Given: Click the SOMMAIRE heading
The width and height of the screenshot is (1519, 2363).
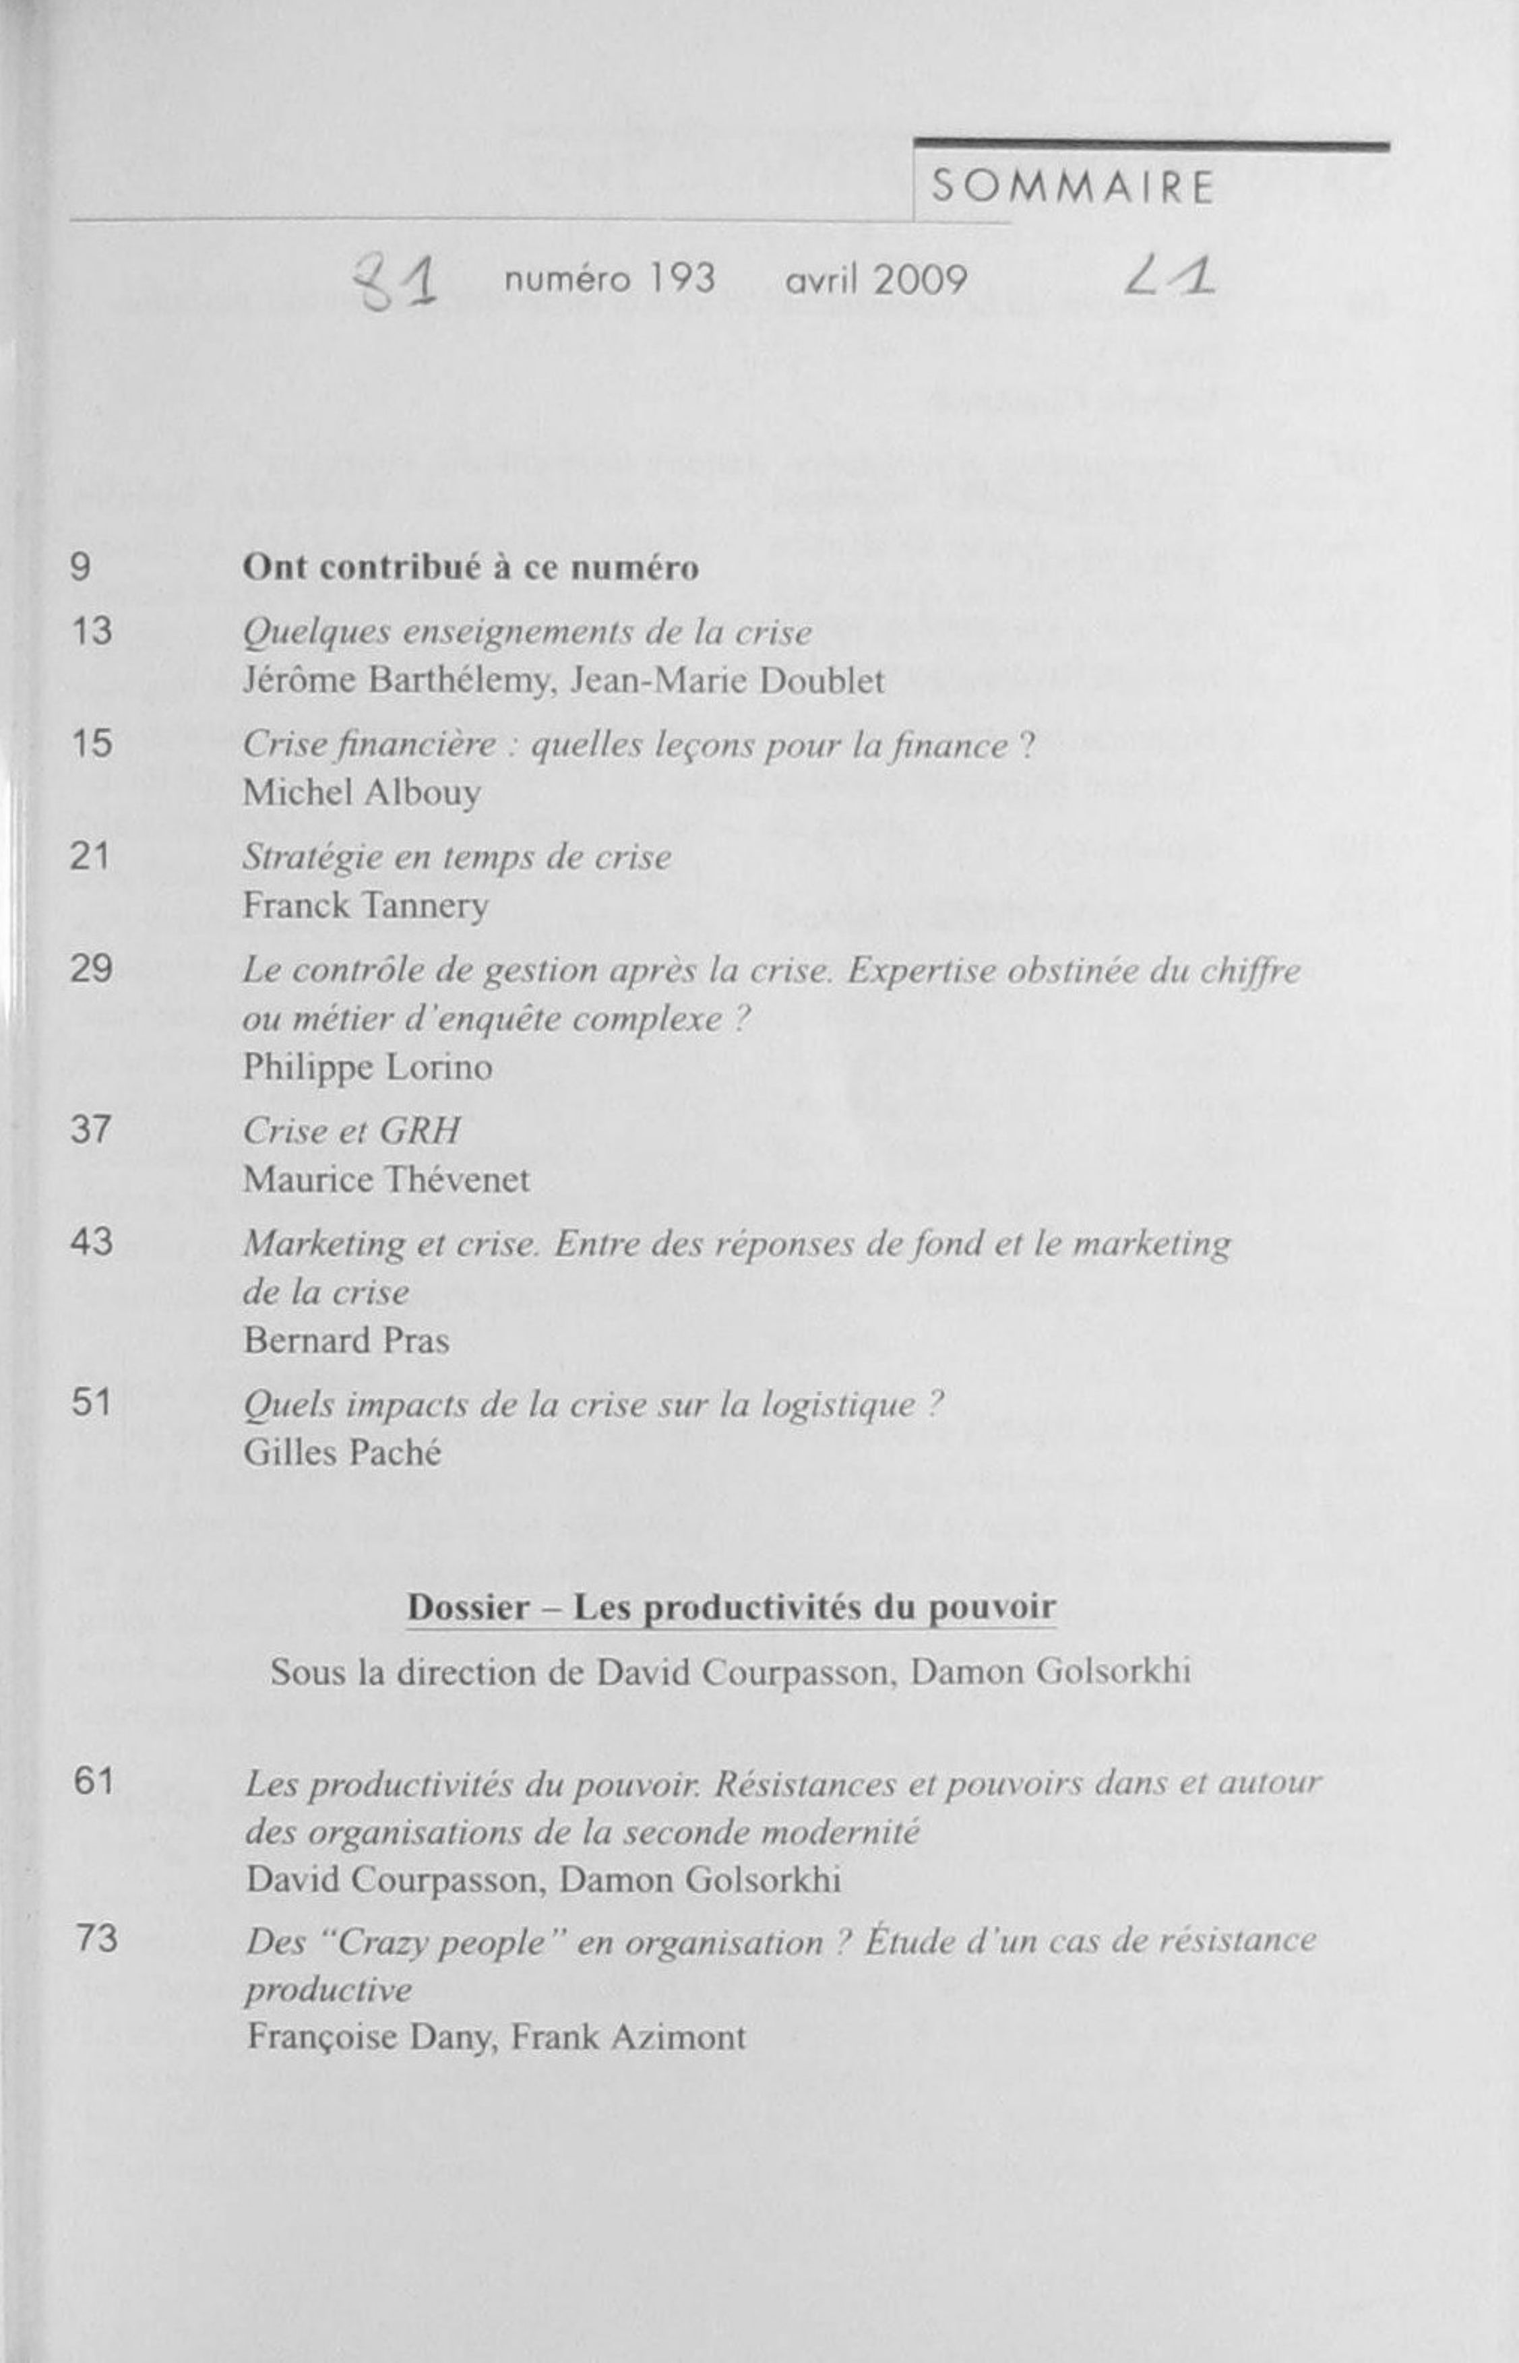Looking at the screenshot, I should click(1072, 187).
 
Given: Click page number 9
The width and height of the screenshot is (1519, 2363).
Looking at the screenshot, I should click(81, 568).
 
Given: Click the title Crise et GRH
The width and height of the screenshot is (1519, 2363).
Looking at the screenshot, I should click(351, 1130).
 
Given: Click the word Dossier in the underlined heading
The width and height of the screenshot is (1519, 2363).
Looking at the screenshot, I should click(468, 1608).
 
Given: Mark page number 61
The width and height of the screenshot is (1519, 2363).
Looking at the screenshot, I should click(94, 1782).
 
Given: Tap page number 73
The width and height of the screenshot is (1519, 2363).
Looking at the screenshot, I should click(96, 1940).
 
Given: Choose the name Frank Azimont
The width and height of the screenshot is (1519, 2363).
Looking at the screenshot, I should click(627, 2038).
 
